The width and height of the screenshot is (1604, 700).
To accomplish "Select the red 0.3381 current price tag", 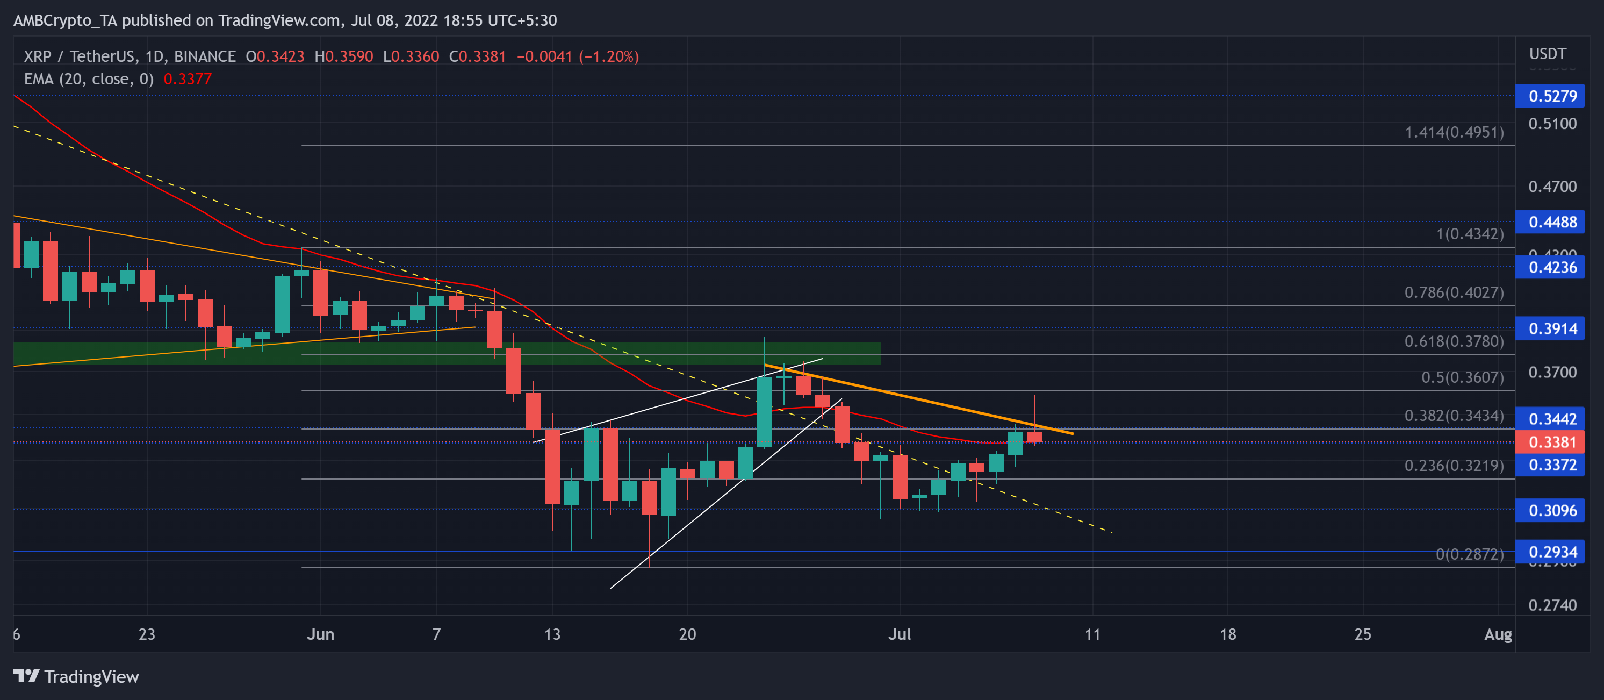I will pyautogui.click(x=1552, y=442).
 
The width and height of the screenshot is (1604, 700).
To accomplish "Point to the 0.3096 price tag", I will pyautogui.click(x=1552, y=511).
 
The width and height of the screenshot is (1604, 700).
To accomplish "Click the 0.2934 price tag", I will pyautogui.click(x=1552, y=552).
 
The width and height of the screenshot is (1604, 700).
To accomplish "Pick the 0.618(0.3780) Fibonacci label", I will pyautogui.click(x=1454, y=341).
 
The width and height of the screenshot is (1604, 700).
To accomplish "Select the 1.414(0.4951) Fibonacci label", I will pyautogui.click(x=1454, y=133).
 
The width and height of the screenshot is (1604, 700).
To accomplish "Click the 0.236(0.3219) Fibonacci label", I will pyautogui.click(x=1454, y=466).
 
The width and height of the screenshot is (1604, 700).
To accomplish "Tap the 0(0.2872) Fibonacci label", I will pyautogui.click(x=1469, y=554).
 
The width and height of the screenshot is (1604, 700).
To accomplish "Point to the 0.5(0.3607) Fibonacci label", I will pyautogui.click(x=1462, y=377).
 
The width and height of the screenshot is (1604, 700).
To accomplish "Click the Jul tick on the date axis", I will pyautogui.click(x=899, y=634).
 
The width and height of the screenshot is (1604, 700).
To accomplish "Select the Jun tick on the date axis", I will pyautogui.click(x=321, y=634).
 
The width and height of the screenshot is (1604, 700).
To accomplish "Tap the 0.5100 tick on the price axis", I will pyautogui.click(x=1552, y=124).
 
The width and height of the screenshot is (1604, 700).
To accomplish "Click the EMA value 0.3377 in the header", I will pyautogui.click(x=188, y=80).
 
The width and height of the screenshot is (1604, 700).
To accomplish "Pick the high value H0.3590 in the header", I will pyautogui.click(x=344, y=56).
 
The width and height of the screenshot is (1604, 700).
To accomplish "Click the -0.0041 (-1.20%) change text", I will pyautogui.click(x=577, y=56).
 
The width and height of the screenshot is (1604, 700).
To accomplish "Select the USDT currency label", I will pyautogui.click(x=1548, y=54).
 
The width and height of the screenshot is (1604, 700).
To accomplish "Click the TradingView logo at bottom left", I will pyautogui.click(x=76, y=676).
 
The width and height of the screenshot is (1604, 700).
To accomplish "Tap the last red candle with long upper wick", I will pyautogui.click(x=1035, y=437).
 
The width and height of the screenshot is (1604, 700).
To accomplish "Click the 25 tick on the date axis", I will pyautogui.click(x=1362, y=634).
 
